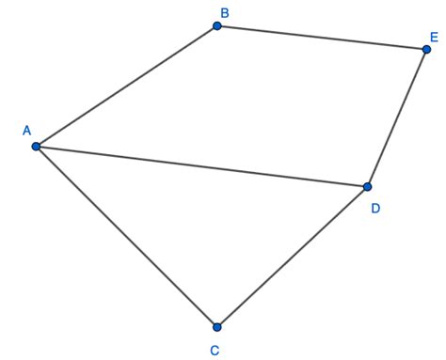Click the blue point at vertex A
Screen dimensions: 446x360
36,147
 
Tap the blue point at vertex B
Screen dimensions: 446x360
217,26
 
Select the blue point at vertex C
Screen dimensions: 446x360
217,327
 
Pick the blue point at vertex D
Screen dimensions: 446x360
368,187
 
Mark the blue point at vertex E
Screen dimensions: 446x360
426,49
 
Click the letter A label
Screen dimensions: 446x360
25,131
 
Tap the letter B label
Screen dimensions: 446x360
224,12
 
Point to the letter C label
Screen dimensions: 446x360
215,351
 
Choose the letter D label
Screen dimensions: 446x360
375,208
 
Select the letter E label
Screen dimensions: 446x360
433,38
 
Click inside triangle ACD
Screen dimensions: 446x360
207,221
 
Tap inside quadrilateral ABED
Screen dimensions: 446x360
263,103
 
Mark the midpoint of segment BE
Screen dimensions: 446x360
322,38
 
